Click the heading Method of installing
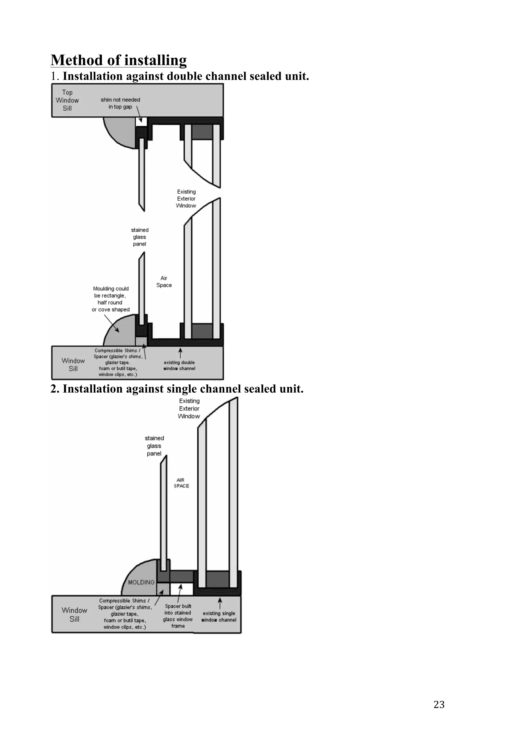(x=118, y=60)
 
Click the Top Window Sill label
(x=67, y=100)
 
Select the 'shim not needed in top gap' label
(x=120, y=103)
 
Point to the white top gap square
(x=141, y=122)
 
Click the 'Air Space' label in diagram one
(x=164, y=281)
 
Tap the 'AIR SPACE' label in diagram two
(x=181, y=483)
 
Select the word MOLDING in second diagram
(x=141, y=582)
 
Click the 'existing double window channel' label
(x=179, y=365)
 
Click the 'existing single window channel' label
(x=219, y=616)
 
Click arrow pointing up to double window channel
(x=180, y=353)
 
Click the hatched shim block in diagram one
(x=141, y=341)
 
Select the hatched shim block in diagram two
(x=163, y=589)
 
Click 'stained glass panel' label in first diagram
(x=139, y=237)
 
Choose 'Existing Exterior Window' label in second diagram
(x=189, y=409)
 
